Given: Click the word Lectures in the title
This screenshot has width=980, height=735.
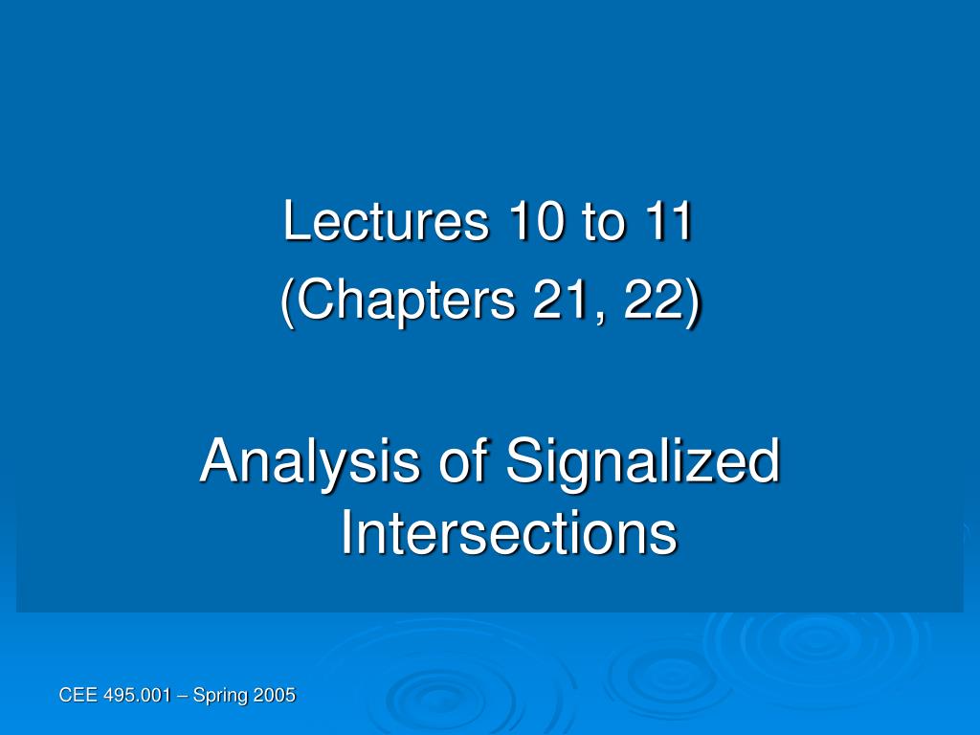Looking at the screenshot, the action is [x=386, y=220].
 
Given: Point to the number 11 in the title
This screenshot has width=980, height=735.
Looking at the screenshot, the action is [x=668, y=221].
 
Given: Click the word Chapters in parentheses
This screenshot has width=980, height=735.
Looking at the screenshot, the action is [x=407, y=301].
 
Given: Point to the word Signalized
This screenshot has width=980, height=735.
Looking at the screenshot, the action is [x=643, y=462].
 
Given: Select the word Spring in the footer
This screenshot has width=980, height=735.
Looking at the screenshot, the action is [x=219, y=696].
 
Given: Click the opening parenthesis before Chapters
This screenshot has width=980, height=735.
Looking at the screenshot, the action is [x=287, y=302].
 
